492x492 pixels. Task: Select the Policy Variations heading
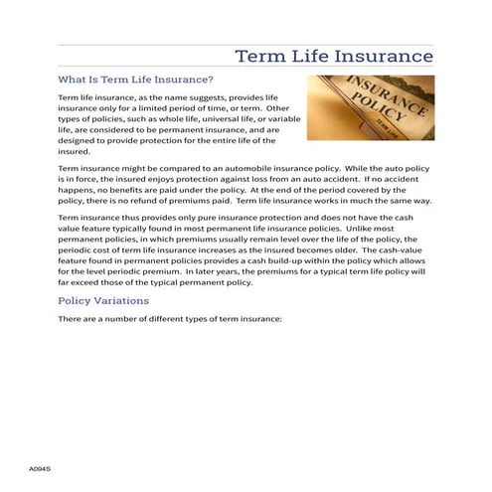coord(103,300)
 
